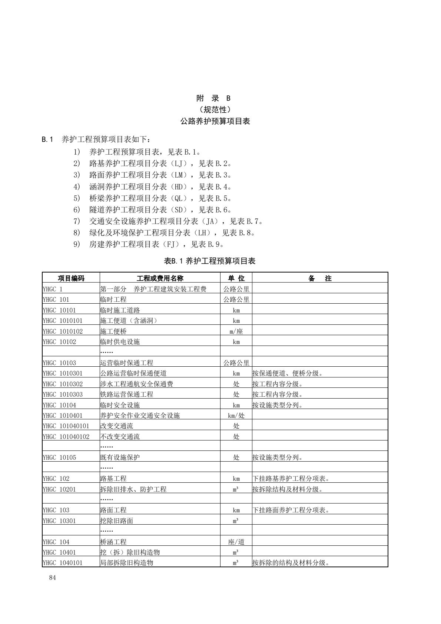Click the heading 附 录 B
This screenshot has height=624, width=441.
213,98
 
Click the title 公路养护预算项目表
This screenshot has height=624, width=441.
215,121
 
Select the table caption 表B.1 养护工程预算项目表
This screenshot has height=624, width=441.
210,261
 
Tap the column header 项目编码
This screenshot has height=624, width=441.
71,278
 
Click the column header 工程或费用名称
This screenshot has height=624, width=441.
160,278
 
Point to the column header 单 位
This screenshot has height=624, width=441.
236,278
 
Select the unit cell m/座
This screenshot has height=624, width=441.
236,331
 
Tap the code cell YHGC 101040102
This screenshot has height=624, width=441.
66,437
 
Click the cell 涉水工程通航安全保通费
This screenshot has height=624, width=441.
136,384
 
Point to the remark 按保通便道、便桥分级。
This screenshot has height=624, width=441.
287,373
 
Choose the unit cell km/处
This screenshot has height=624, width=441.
236,416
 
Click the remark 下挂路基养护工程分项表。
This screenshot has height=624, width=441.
291,479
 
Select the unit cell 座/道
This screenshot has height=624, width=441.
236,542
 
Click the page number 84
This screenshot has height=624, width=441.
52,578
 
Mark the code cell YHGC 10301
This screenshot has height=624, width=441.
59,521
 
